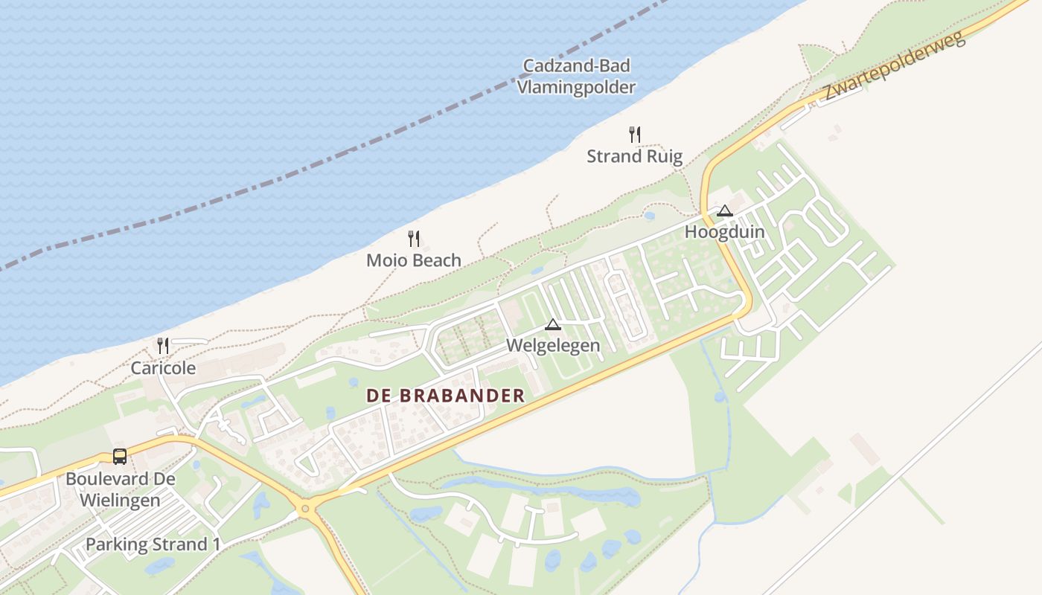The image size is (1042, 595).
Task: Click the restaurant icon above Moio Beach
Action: [414, 239]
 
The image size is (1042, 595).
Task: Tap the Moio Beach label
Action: [414, 260]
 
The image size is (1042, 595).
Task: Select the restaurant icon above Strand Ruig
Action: [634, 135]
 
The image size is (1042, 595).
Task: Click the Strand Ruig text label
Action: [634, 156]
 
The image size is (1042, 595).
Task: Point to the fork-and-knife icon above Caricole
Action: [163, 346]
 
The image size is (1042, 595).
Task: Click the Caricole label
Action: [163, 367]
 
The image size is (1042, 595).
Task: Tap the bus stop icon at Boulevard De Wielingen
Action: [120, 457]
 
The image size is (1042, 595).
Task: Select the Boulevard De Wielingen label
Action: [120, 489]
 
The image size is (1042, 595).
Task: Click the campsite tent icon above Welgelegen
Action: [552, 324]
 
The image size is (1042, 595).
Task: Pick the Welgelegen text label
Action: [552, 346]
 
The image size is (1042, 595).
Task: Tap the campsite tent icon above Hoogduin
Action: [724, 210]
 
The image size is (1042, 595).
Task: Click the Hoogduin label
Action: [724, 231]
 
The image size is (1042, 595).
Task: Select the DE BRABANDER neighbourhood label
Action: [445, 396]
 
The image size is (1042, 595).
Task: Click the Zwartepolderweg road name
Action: [894, 66]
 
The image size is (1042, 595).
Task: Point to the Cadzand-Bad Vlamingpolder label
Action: [577, 77]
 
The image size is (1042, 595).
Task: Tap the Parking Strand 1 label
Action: [153, 544]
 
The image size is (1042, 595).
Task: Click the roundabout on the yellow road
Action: [304, 510]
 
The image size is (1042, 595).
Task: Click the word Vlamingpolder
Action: [577, 87]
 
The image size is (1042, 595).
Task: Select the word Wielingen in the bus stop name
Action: [120, 500]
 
